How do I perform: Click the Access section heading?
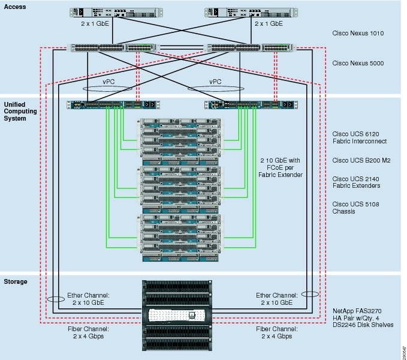point(16,7)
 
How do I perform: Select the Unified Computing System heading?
point(20,111)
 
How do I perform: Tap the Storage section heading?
point(17,281)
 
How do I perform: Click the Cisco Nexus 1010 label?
point(358,34)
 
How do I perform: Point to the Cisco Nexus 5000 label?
point(358,63)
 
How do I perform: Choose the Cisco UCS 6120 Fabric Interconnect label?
point(360,137)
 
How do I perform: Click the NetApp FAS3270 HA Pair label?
point(363,317)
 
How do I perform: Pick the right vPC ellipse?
point(214,88)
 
